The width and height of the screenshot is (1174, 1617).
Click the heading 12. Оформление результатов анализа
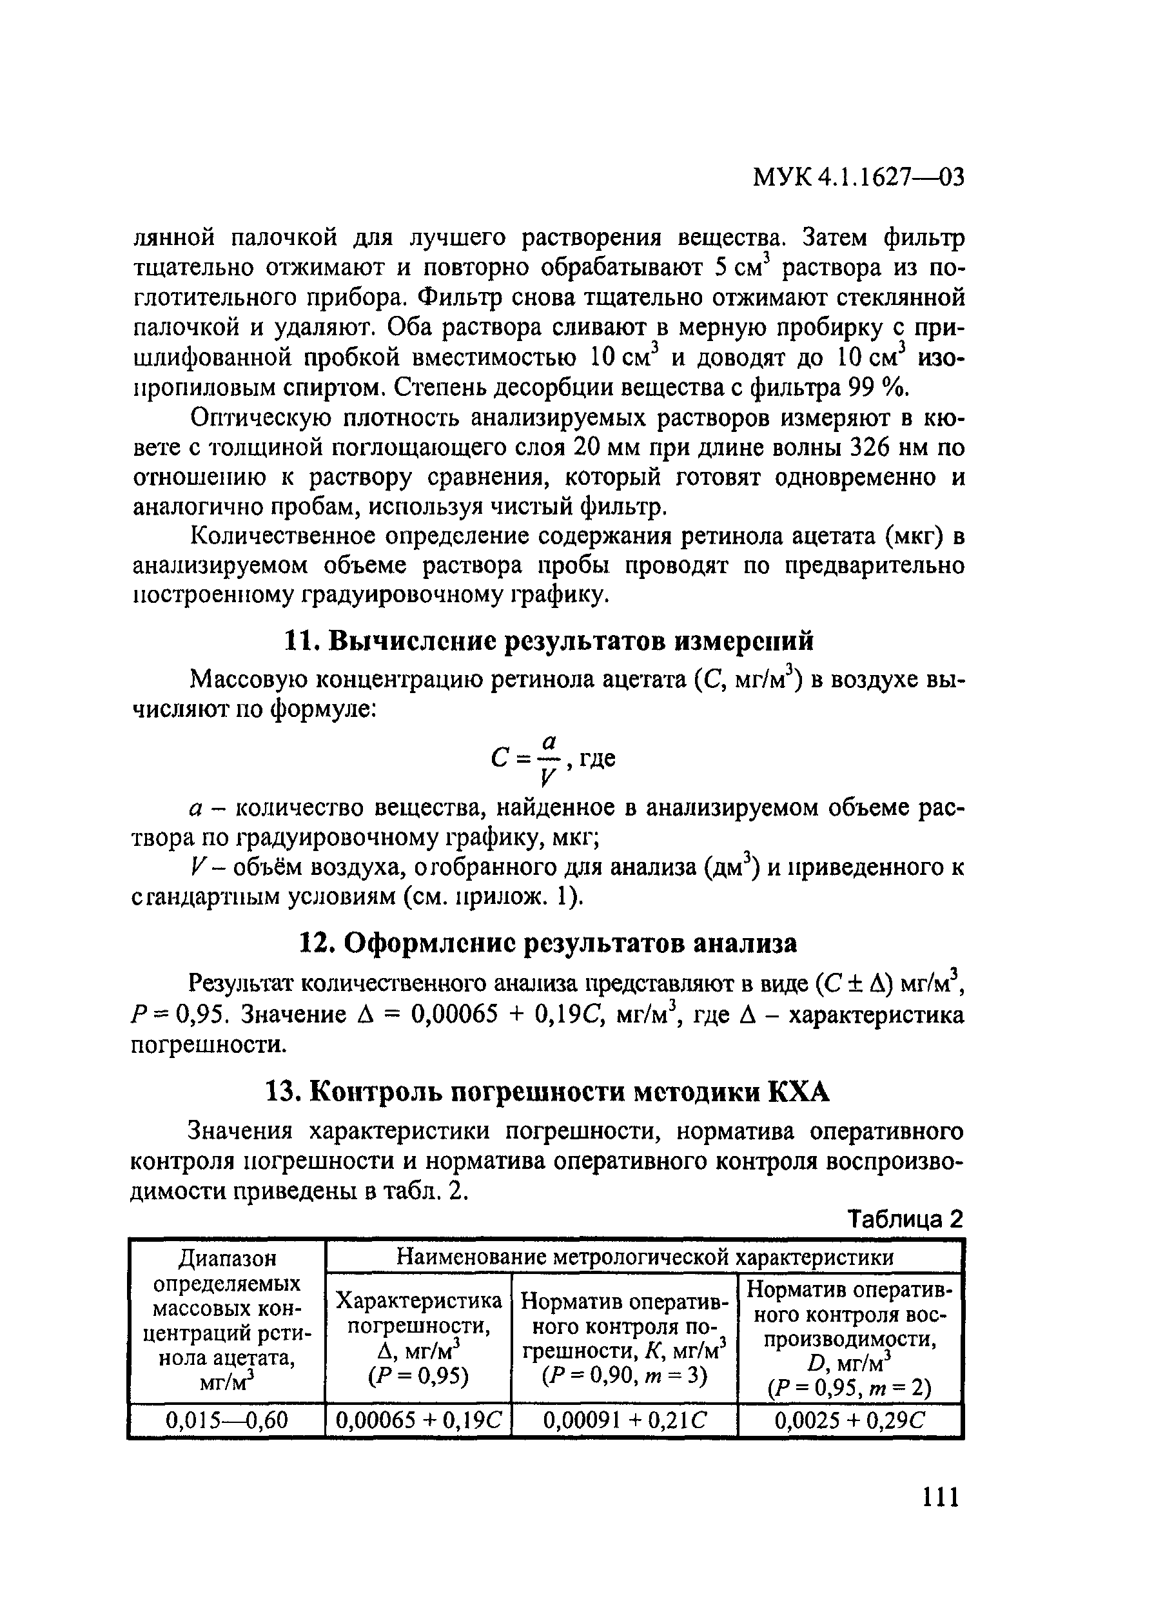tap(547, 943)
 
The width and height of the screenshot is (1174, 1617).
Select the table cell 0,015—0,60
tap(227, 1421)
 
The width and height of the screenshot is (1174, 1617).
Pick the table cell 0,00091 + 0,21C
tap(625, 1421)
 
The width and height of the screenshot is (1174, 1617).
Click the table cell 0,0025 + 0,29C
tap(850, 1421)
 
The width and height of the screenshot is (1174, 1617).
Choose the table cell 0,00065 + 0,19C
tap(418, 1421)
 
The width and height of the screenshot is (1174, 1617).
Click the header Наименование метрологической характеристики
tap(645, 1257)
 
